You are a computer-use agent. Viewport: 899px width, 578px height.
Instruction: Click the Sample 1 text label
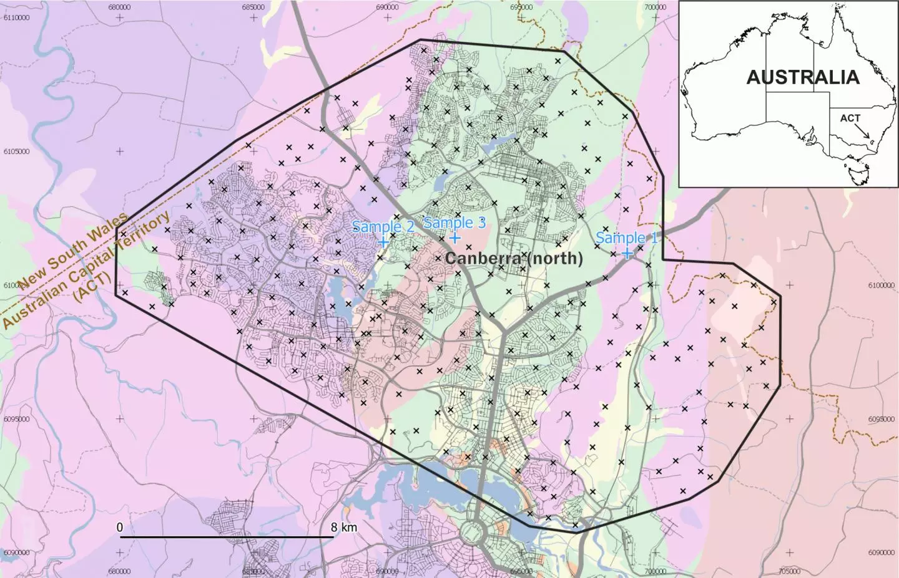pyautogui.click(x=626, y=238)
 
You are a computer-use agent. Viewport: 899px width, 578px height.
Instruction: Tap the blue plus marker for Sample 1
pyautogui.click(x=627, y=253)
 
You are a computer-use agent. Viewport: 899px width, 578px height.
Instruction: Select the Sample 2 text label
pyautogui.click(x=383, y=227)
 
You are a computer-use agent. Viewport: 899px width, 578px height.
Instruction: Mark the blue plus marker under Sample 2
pyautogui.click(x=383, y=241)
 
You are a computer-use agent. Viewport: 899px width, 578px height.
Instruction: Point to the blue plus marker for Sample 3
pyautogui.click(x=455, y=237)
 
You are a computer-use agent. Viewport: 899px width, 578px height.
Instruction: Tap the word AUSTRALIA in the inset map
pyautogui.click(x=803, y=77)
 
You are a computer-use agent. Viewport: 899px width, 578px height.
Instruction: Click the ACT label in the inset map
pyautogui.click(x=850, y=118)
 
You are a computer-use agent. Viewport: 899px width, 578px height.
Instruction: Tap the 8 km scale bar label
pyautogui.click(x=344, y=527)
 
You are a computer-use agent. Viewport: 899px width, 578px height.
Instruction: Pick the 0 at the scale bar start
pyautogui.click(x=119, y=527)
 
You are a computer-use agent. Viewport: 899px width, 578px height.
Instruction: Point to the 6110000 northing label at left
pyautogui.click(x=16, y=17)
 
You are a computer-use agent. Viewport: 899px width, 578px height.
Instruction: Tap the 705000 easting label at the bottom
pyautogui.click(x=790, y=571)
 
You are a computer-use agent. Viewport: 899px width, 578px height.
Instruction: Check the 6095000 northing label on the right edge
pyautogui.click(x=881, y=419)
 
